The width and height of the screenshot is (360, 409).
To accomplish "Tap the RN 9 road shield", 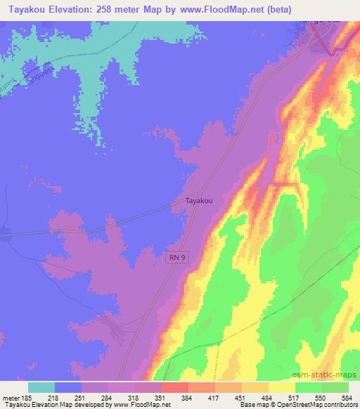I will tap(177, 258).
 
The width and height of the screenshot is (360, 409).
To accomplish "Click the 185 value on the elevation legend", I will tap(28, 398).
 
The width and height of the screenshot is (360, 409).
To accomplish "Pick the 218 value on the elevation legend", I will tap(53, 398).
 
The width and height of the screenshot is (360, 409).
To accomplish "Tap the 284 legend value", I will tap(108, 398).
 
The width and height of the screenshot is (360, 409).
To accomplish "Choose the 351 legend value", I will tap(161, 398).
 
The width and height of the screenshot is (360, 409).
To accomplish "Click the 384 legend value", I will tap(188, 398).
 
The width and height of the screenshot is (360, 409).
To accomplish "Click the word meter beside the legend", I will tap(11, 398).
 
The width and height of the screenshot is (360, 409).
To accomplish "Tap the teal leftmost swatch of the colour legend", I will tap(41, 387).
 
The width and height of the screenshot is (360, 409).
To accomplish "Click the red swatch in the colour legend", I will tap(175, 387).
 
